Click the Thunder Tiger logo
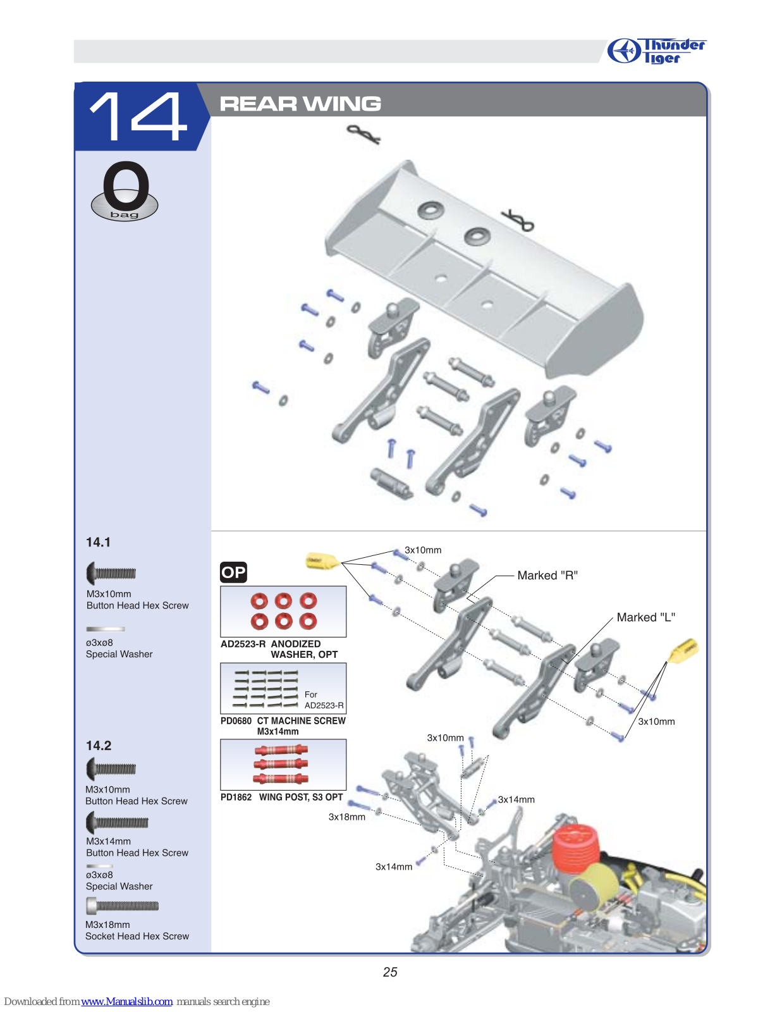tap(656, 51)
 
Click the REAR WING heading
tap(300, 103)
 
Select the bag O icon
tap(125, 191)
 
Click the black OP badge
tap(233, 572)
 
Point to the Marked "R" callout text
tap(547, 575)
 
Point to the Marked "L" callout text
tap(645, 617)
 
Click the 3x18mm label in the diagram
tap(347, 817)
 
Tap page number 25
tap(390, 972)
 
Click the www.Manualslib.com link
tap(126, 1001)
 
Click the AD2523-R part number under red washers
tap(243, 644)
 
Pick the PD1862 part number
tap(236, 797)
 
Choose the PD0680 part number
tap(236, 720)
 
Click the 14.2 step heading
tap(99, 746)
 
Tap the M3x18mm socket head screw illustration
tap(123, 906)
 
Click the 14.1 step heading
tap(98, 542)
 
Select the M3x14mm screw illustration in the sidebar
tap(117, 822)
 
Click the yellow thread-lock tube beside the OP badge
tap(322, 560)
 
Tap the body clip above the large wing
tap(364, 134)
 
